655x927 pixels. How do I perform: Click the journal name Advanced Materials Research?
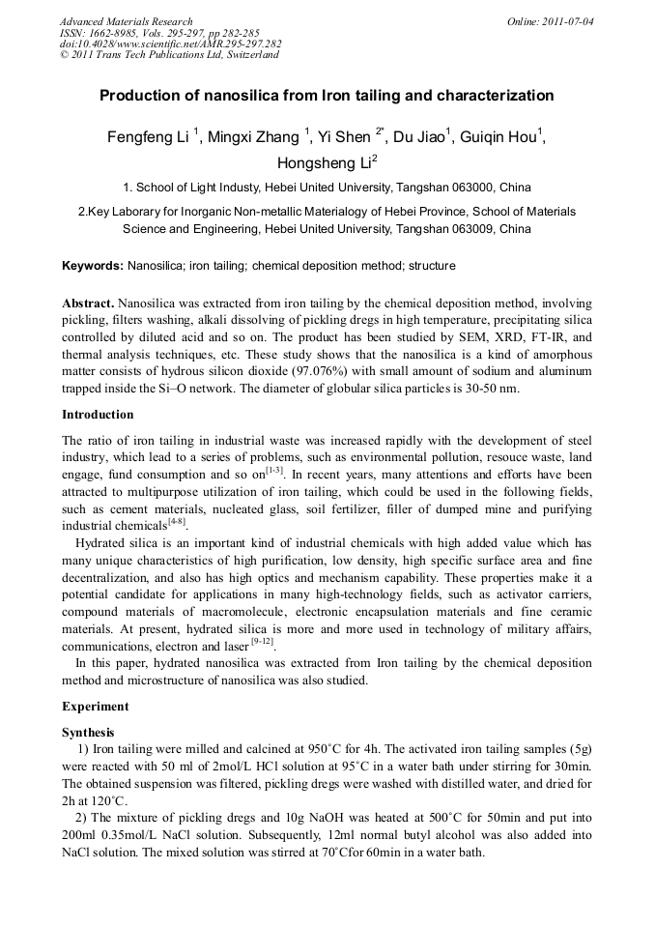point(126,21)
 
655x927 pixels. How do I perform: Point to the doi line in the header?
point(170,43)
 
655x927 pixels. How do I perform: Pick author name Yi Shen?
point(344,137)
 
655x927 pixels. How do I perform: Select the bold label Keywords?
point(93,265)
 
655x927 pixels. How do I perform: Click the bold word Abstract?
point(89,303)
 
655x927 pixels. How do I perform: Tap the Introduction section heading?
point(98,415)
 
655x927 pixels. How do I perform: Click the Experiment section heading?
point(95,707)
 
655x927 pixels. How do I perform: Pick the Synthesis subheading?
point(88,732)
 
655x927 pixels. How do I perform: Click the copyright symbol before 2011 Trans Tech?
point(64,55)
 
